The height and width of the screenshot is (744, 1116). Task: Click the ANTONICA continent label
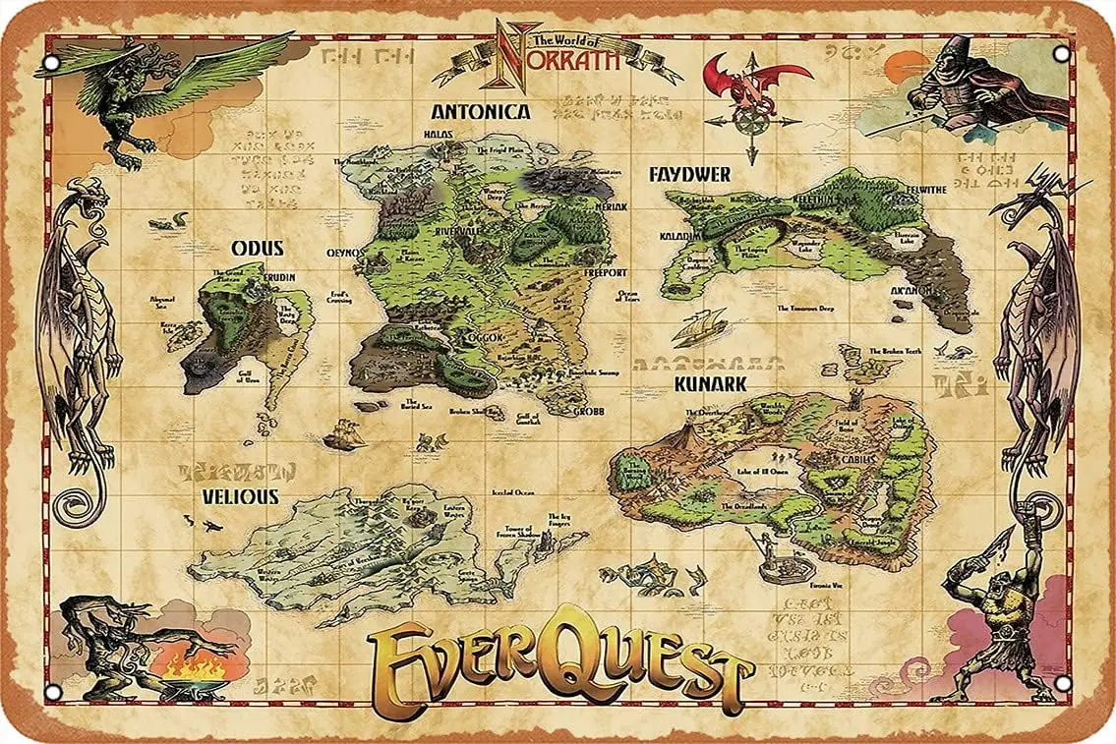[x=481, y=112]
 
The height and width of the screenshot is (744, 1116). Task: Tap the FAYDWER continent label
[x=689, y=175]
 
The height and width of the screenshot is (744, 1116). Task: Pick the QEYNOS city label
[x=346, y=252]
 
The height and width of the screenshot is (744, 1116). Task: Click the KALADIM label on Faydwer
[x=678, y=236]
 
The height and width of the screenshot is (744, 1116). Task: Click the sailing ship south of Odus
[x=341, y=434]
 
